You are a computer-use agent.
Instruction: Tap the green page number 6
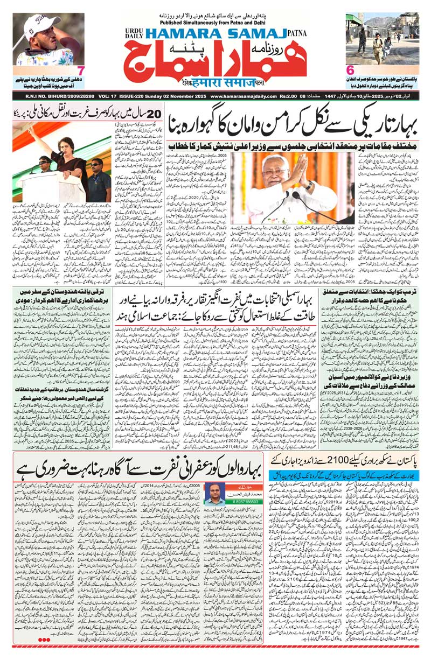click(x=349, y=70)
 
